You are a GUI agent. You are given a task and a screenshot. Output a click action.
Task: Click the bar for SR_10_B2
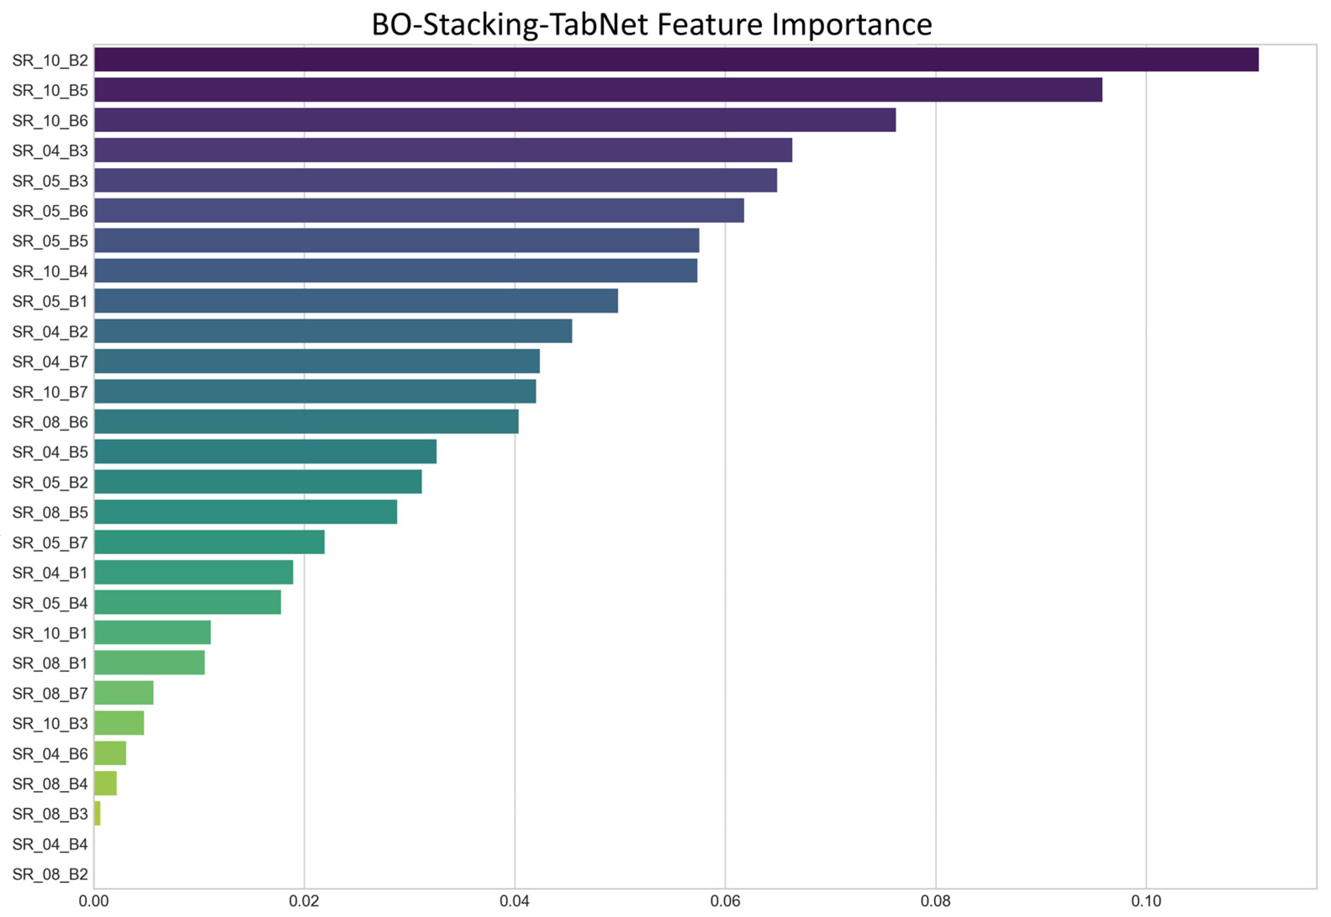pos(676,60)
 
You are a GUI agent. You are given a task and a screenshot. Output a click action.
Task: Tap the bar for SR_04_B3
pos(443,150)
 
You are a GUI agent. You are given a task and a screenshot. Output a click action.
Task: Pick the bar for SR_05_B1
pos(356,300)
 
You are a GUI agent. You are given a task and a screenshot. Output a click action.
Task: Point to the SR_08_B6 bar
pos(306,422)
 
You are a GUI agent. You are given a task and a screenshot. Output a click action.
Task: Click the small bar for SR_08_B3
pos(97,813)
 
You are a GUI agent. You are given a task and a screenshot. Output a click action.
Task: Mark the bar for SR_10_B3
pos(119,723)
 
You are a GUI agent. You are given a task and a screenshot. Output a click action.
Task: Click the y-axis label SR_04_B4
pos(50,844)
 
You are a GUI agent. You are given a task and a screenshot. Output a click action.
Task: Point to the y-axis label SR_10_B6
pos(50,121)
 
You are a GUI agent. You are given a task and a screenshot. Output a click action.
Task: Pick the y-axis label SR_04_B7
pos(50,361)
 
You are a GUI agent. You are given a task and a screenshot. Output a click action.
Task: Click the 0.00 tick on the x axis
pos(94,901)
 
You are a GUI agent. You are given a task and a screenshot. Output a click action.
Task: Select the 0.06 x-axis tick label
pos(725,901)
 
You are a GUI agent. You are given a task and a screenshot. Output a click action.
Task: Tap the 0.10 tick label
pos(1146,901)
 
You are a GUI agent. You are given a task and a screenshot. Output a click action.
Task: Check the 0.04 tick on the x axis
pos(515,901)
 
